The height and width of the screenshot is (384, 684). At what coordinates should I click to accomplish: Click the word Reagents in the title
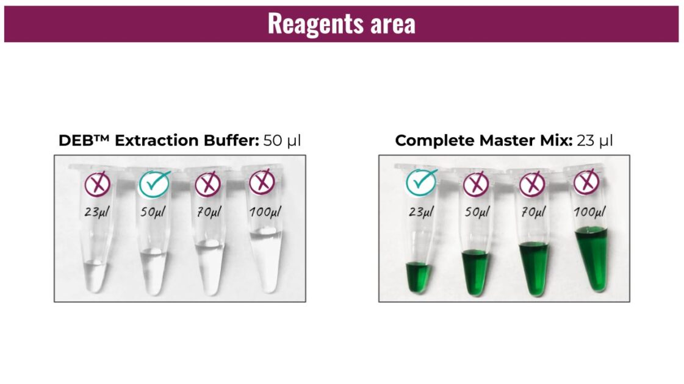pyautogui.click(x=316, y=24)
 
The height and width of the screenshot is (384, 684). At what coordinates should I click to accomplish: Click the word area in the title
pyautogui.click(x=394, y=24)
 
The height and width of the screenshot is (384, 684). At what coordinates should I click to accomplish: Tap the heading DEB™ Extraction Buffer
pyautogui.click(x=159, y=140)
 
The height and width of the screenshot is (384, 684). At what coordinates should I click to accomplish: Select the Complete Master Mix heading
pyautogui.click(x=484, y=140)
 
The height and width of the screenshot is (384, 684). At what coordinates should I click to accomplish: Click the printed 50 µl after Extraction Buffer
pyautogui.click(x=282, y=140)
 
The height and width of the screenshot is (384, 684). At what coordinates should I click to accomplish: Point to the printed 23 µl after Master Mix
pyautogui.click(x=594, y=140)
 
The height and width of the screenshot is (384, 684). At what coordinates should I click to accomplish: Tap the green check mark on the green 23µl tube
pyautogui.click(x=421, y=182)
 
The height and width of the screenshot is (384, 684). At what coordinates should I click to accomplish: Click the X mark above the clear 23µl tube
pyautogui.click(x=97, y=183)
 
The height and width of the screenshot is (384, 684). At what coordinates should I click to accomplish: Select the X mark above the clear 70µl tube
pyautogui.click(x=207, y=184)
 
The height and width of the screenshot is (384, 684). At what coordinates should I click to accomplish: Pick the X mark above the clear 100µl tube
pyautogui.click(x=262, y=182)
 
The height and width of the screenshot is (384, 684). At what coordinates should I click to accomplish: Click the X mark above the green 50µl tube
pyautogui.click(x=476, y=184)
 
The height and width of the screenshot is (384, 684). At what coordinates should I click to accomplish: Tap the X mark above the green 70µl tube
pyautogui.click(x=532, y=184)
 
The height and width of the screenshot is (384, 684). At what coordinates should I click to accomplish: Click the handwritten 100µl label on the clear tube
pyautogui.click(x=265, y=212)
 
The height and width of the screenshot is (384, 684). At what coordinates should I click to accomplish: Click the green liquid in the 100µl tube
pyautogui.click(x=592, y=259)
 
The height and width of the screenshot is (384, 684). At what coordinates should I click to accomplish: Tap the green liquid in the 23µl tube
pyautogui.click(x=419, y=277)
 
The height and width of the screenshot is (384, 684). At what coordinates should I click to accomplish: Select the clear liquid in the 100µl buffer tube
pyautogui.click(x=265, y=261)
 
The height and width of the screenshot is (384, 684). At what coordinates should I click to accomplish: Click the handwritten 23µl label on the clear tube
pyautogui.click(x=97, y=212)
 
